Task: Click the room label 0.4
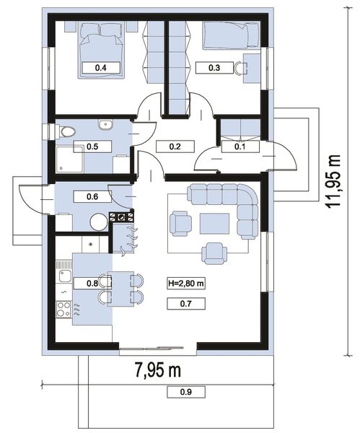click(101, 68)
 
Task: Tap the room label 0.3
click(214, 68)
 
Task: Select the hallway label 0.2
click(175, 146)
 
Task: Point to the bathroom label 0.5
click(92, 146)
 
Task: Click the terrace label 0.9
click(186, 392)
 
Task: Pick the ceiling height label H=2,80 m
click(186, 284)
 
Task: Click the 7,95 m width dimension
click(158, 370)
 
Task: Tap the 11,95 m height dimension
click(333, 181)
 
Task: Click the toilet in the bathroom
click(65, 131)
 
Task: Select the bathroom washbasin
click(105, 125)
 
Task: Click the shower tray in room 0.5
click(69, 159)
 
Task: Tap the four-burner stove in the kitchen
click(63, 309)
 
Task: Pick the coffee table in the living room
click(214, 224)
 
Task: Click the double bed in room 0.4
click(101, 51)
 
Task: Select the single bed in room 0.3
click(231, 36)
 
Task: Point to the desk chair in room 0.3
click(240, 69)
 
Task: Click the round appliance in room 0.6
click(99, 222)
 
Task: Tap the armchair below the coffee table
click(214, 253)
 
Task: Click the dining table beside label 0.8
click(120, 289)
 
